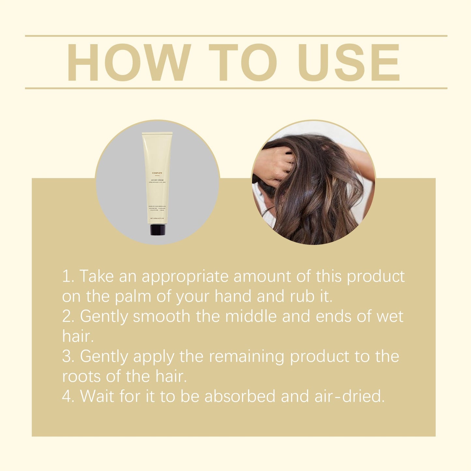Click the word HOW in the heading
tap(128, 62)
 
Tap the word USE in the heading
tap(348, 62)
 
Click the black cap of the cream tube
tap(158, 229)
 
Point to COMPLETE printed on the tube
tap(157, 173)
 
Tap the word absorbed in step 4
tap(240, 396)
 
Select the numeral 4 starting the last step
tap(66, 396)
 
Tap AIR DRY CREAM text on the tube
tap(157, 180)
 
